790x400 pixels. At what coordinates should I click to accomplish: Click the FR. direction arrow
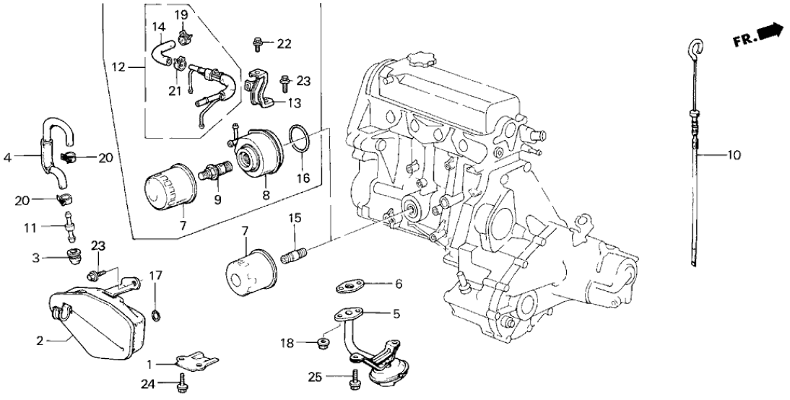pos(771,30)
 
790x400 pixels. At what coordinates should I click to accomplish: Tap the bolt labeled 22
pos(256,44)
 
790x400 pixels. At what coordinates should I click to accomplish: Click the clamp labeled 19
pos(181,31)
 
